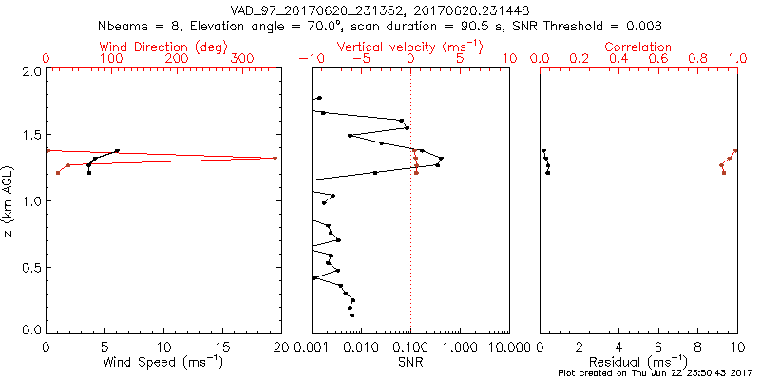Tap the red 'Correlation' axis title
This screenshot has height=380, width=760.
coord(638,47)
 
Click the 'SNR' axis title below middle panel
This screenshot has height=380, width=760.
coord(410,363)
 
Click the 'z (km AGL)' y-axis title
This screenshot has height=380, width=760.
coord(9,201)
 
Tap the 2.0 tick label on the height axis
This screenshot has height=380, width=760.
coord(30,71)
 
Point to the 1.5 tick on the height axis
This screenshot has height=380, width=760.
coord(30,136)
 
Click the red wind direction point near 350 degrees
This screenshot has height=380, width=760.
coord(275,159)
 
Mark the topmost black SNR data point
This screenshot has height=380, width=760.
coord(320,98)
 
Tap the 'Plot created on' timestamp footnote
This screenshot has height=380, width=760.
coord(655,373)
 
